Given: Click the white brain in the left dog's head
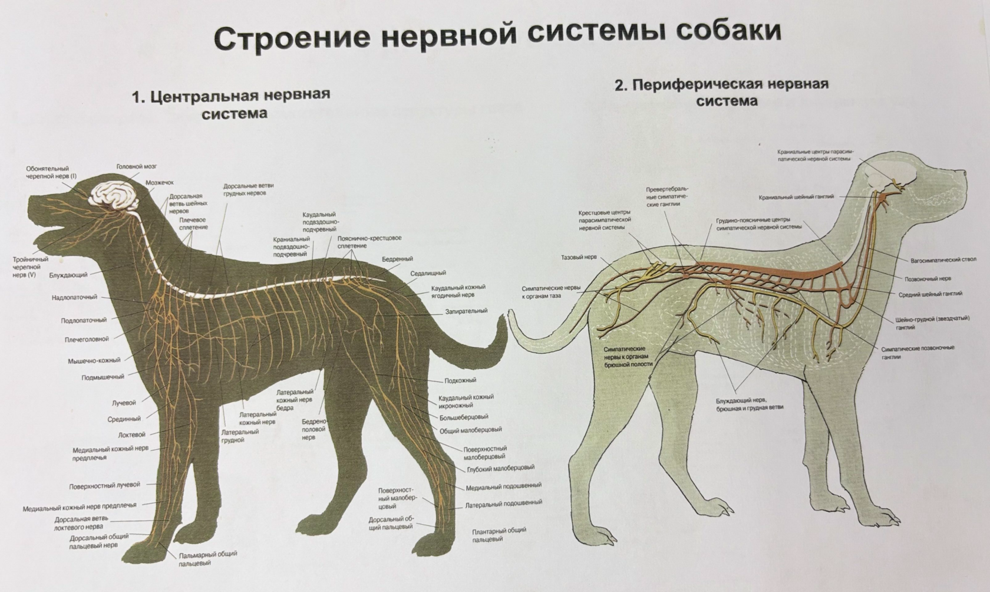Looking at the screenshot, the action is (113, 195).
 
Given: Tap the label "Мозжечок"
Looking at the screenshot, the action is (159, 183).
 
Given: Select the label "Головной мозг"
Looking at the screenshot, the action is (136, 167).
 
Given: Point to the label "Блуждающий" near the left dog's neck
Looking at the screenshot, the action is (68, 275).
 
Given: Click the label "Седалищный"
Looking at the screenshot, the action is (428, 273).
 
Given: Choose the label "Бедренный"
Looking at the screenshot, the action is (397, 259).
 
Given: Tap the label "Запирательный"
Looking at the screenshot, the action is (466, 311).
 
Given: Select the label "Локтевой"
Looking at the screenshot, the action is (131, 435).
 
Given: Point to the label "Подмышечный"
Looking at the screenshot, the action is (103, 377).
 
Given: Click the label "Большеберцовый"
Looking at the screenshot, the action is (464, 417).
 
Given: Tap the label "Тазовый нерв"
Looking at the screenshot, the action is (579, 258).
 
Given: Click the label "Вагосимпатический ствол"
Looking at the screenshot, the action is (943, 259).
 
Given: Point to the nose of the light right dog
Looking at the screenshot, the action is (964, 172).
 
